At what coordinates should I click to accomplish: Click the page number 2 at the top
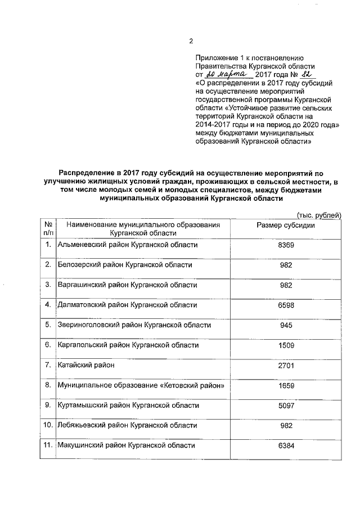(191, 41)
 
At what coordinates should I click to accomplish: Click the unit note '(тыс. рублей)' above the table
(318, 215)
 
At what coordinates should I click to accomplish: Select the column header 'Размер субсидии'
(286, 225)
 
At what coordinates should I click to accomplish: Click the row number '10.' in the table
(48, 425)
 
